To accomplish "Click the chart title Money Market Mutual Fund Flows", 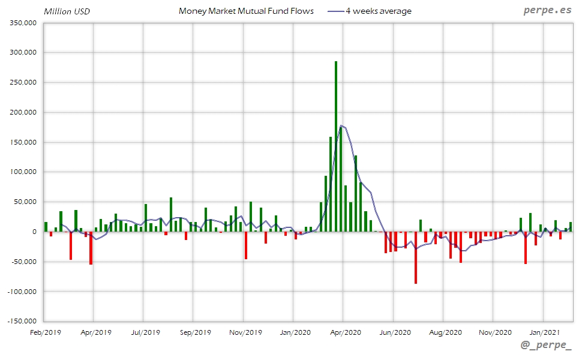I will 246,11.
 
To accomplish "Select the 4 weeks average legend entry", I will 378,11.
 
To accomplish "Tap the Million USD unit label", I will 67,11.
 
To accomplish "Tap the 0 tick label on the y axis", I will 35,232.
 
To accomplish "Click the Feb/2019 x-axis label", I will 46,331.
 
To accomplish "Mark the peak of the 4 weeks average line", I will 341,125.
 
